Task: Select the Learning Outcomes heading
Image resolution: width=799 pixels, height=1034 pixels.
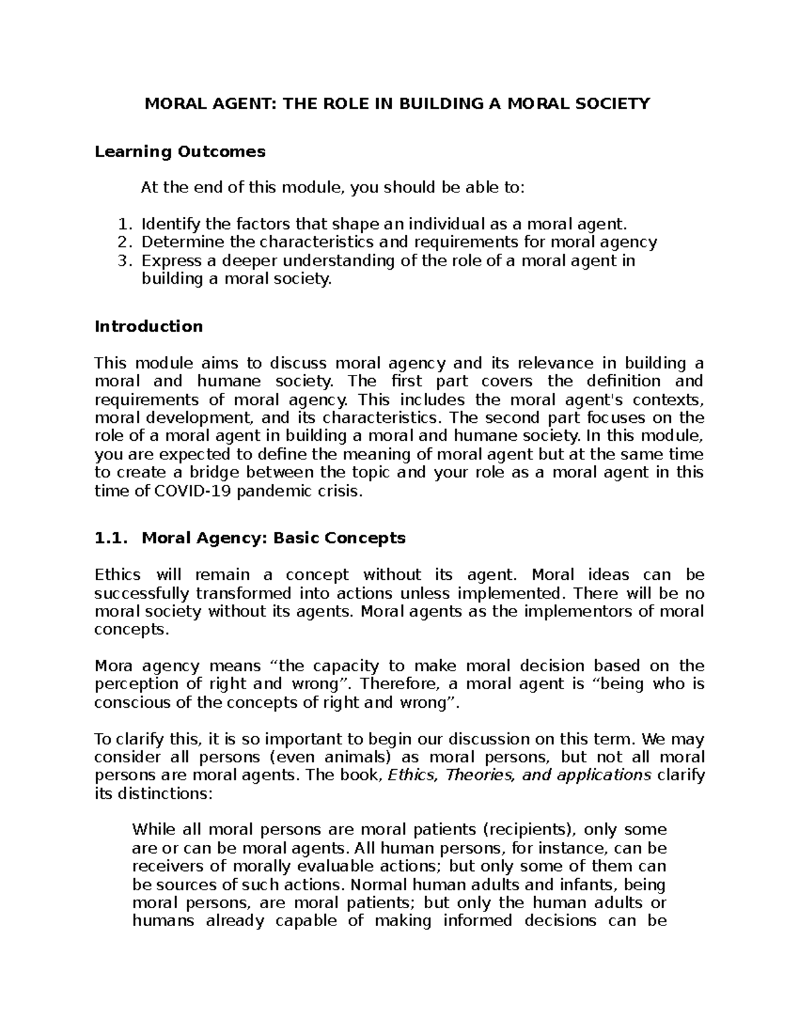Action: [180, 152]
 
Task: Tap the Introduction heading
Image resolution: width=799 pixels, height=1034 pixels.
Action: [148, 326]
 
